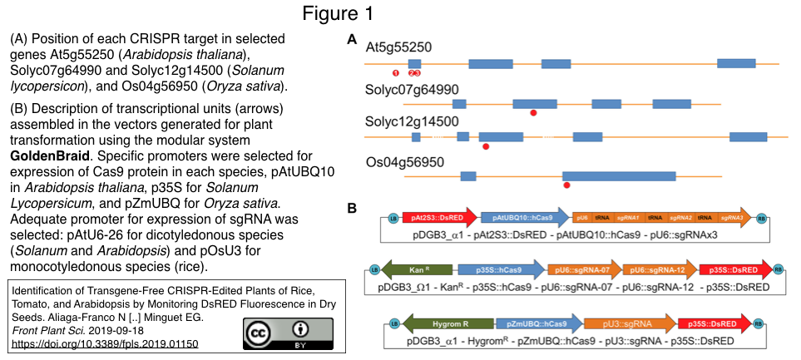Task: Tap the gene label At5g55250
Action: [x=398, y=47]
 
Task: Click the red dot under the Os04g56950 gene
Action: [x=566, y=185]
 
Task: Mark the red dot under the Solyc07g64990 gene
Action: [x=533, y=112]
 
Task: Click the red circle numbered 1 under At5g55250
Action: [x=396, y=73]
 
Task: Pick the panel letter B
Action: [x=352, y=208]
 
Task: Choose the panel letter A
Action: [x=352, y=39]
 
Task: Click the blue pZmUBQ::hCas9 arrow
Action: [x=536, y=323]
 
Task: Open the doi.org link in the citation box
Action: [x=104, y=343]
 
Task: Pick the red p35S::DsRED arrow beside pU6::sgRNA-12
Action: [x=734, y=269]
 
